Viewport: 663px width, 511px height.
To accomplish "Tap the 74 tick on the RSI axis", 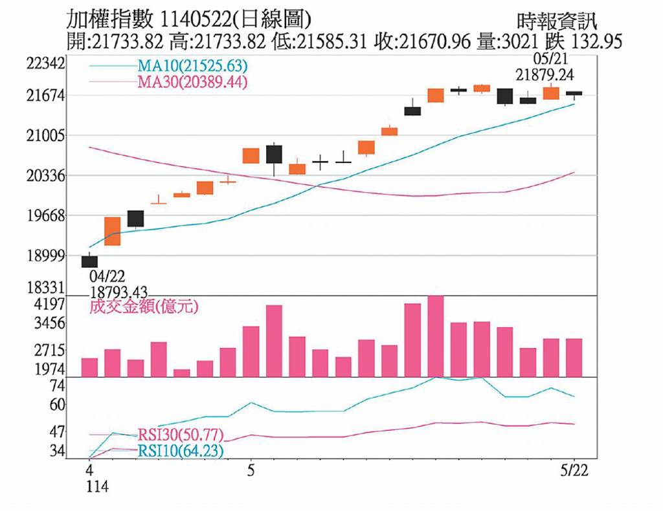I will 58,386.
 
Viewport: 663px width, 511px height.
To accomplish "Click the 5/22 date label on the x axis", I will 573,470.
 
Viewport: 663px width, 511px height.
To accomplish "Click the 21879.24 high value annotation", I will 544,76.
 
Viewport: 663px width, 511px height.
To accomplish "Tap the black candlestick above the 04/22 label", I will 89,261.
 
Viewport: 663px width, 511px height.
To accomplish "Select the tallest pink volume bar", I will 436,336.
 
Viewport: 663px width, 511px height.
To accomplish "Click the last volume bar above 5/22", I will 574,357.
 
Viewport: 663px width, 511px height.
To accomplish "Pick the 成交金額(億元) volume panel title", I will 143,307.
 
